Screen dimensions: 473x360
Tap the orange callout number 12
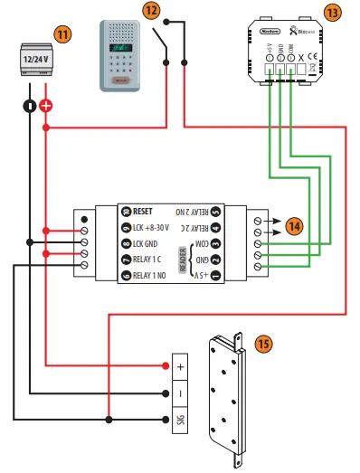[151, 11]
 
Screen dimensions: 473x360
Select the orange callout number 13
[333, 13]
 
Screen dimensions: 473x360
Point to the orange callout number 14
[293, 226]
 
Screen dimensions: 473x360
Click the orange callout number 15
[263, 345]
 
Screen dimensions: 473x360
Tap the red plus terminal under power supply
[46, 106]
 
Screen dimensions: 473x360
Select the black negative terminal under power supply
[29, 106]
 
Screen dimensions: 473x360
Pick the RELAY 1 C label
[153, 259]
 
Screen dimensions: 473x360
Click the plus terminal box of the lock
[179, 366]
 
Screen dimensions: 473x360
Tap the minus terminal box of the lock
[179, 393]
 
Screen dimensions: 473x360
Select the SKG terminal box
[179, 420]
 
